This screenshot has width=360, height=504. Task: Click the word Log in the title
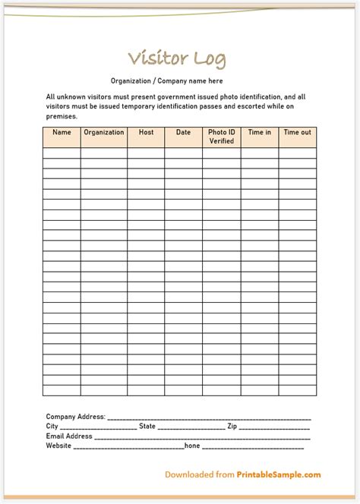pyautogui.click(x=208, y=59)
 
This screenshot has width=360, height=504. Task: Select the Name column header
pyautogui.click(x=62, y=133)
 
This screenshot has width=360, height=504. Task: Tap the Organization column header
pyautogui.click(x=104, y=133)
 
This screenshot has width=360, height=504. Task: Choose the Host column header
pyautogui.click(x=146, y=133)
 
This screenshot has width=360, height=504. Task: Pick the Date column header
pyautogui.click(x=183, y=133)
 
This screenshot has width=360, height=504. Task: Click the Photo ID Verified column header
pyautogui.click(x=221, y=137)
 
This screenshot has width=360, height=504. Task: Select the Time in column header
pyautogui.click(x=259, y=133)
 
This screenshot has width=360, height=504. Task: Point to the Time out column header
pyautogui.click(x=297, y=133)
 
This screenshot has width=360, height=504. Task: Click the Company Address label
pyautogui.click(x=75, y=417)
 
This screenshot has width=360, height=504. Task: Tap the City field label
pyautogui.click(x=52, y=427)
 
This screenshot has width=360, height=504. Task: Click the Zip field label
pyautogui.click(x=232, y=427)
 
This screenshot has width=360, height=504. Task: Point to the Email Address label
pyautogui.click(x=69, y=436)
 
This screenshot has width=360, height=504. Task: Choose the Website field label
pyautogui.click(x=58, y=446)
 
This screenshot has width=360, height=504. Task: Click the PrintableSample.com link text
pyautogui.click(x=279, y=475)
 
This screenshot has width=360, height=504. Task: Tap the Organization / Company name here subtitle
pyautogui.click(x=166, y=81)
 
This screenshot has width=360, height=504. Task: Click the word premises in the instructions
pyautogui.click(x=62, y=117)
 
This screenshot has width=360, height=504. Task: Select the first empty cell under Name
pyautogui.click(x=62, y=153)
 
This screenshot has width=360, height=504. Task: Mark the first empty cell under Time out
pyautogui.click(x=297, y=153)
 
